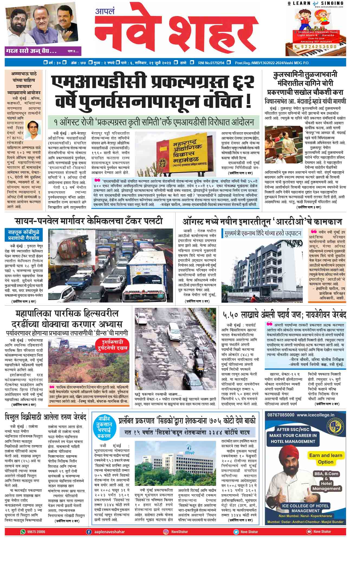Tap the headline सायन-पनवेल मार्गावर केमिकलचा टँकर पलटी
pyautogui.click(x=89, y=221)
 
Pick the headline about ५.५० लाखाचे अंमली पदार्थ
pyautogui.click(x=284, y=315)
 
